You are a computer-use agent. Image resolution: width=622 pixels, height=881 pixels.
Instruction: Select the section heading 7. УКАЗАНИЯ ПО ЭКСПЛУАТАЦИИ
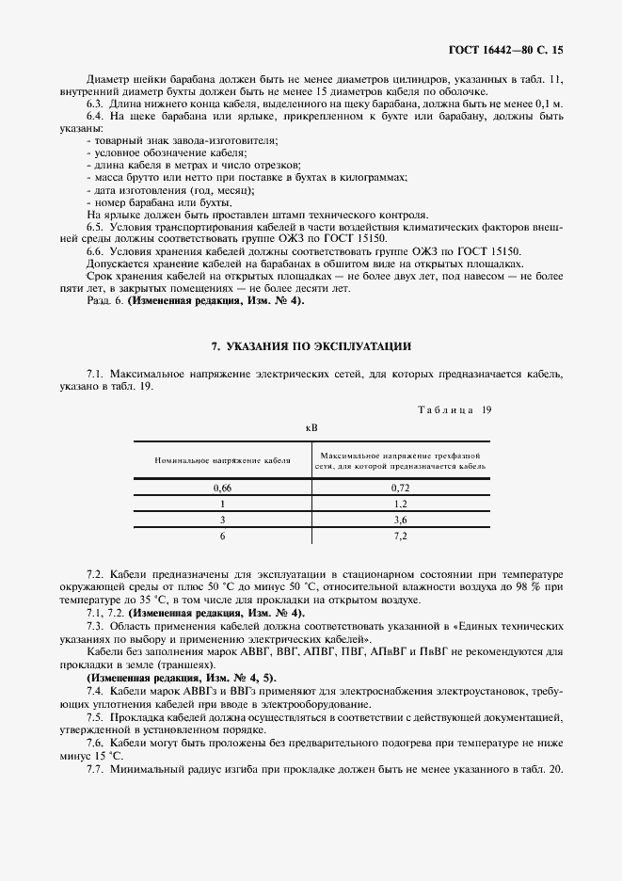(311, 347)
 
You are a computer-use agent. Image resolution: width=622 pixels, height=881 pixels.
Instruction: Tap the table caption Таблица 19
(453, 409)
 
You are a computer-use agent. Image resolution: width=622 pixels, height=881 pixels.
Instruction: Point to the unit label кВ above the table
(311, 427)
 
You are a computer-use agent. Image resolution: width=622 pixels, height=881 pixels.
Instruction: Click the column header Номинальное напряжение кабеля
(222, 460)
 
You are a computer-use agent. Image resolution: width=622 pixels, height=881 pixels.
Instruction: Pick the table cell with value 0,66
(222, 488)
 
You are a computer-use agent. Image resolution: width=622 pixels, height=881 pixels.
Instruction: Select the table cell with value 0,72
(399, 488)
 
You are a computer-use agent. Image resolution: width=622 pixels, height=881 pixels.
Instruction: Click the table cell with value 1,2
(399, 504)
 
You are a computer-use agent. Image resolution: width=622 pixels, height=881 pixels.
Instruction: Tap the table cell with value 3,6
(399, 520)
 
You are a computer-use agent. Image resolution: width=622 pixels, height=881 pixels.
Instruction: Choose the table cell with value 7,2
(399, 536)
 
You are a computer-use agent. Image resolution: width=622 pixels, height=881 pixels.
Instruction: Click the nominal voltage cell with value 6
(222, 536)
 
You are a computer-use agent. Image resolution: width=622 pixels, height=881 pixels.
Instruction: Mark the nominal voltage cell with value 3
(222, 520)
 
